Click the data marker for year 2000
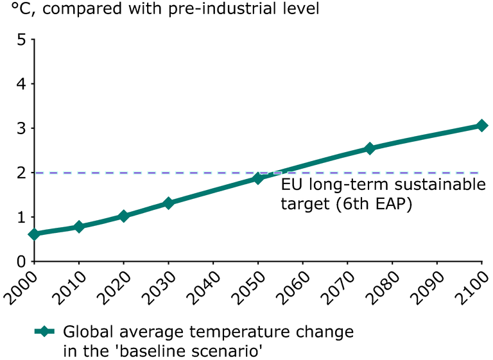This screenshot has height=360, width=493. pyautogui.click(x=35, y=234)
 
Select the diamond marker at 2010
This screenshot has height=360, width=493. pyautogui.click(x=79, y=227)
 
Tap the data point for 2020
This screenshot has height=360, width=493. pyautogui.click(x=124, y=216)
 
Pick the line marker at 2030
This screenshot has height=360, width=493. pyautogui.click(x=169, y=203)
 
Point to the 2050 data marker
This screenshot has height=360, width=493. pyautogui.click(x=258, y=178)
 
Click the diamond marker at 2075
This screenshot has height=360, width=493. pyautogui.click(x=370, y=148)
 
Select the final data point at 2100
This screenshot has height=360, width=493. pyautogui.click(x=481, y=126)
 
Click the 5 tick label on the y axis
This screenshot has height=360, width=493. pyautogui.click(x=21, y=40)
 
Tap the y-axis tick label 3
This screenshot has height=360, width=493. pyautogui.click(x=21, y=128)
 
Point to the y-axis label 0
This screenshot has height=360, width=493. pyautogui.click(x=21, y=262)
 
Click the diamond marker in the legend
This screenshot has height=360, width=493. pyautogui.click(x=45, y=331)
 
